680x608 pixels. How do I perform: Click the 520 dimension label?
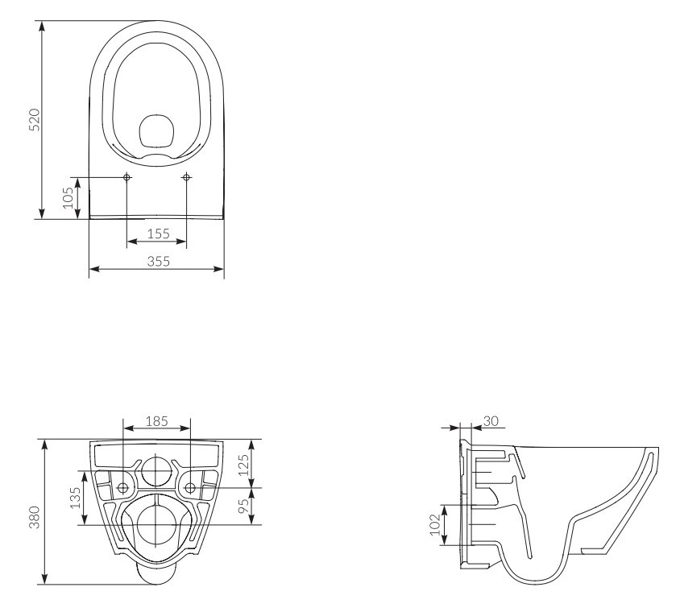(x=34, y=120)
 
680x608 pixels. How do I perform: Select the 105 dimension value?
(x=68, y=197)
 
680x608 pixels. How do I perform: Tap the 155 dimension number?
(x=158, y=234)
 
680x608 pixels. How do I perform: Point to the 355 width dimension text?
(x=158, y=261)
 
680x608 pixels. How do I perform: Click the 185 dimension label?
(x=156, y=421)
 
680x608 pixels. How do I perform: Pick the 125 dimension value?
(x=244, y=465)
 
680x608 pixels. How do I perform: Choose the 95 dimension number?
(x=245, y=505)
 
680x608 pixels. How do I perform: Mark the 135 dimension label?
(x=75, y=498)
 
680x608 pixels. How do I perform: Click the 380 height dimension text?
(x=34, y=517)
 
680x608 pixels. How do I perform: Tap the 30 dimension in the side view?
(x=491, y=421)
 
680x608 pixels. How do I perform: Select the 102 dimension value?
(x=435, y=525)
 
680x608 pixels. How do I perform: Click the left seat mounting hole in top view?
(x=127, y=177)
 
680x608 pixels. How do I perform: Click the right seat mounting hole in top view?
(x=186, y=177)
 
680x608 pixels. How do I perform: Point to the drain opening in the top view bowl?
(x=156, y=130)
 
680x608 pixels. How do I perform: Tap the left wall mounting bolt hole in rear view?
(x=123, y=488)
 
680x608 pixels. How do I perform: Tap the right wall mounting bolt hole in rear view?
(x=190, y=488)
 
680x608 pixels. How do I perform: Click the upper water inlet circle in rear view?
(x=156, y=470)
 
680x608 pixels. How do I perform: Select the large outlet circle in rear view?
(x=156, y=525)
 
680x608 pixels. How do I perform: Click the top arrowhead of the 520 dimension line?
(x=42, y=26)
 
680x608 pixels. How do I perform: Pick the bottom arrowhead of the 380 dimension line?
(x=44, y=579)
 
